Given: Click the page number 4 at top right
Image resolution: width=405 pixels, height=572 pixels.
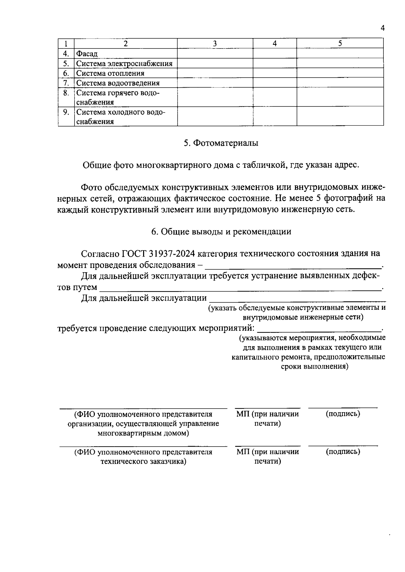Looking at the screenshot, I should tap(382, 28).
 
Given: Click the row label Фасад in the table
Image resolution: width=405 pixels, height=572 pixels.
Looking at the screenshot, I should tap(87, 54).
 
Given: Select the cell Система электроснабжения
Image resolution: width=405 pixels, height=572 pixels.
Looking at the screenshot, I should tap(124, 63).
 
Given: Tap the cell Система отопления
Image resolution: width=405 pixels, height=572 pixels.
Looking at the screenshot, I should tap(110, 73).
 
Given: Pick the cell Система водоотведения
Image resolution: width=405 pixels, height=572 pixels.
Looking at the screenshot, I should tap(118, 83).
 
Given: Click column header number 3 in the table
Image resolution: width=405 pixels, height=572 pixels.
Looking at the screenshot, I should tap(215, 43).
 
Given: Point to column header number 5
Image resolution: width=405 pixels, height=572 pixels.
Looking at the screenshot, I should tap(340, 43).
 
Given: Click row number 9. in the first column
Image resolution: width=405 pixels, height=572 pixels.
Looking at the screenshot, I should tap(66, 112).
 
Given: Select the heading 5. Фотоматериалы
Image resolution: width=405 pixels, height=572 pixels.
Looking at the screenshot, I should tap(221, 143).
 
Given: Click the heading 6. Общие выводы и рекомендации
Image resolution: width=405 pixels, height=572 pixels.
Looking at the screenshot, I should tap(221, 232).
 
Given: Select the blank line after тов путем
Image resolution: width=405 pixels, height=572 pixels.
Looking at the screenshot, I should tap(240, 289).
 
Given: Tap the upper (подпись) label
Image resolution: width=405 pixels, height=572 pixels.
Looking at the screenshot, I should tap(343, 414).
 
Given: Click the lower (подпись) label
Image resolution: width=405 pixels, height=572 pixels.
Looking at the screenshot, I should tap(343, 452).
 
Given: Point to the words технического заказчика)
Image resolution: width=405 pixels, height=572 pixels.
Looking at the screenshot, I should tap(143, 461).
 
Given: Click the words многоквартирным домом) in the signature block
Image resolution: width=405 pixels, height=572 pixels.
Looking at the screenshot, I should tap(143, 433).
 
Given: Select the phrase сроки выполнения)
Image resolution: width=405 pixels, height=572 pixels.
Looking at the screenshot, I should tap(315, 366).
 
